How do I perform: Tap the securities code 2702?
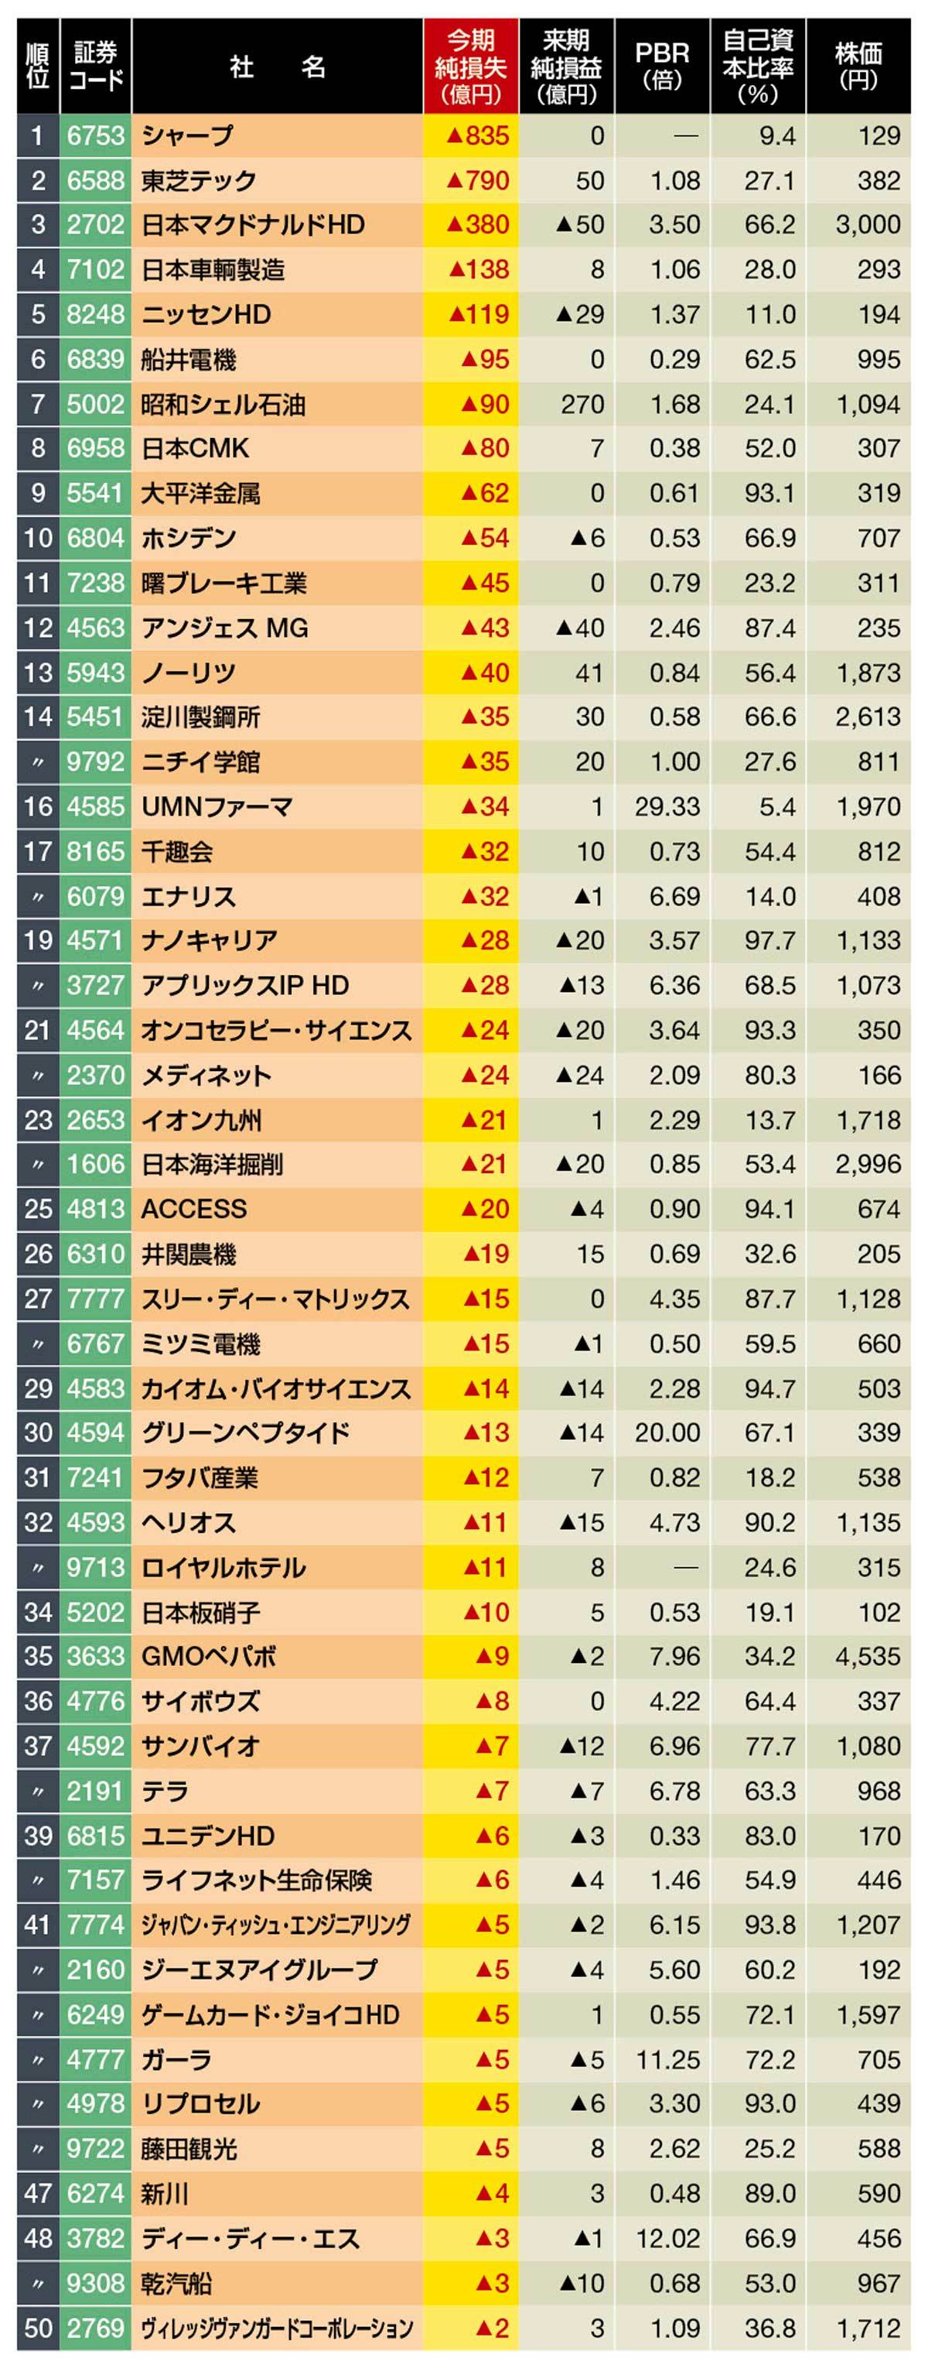(x=96, y=225)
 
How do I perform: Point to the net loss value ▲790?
(x=477, y=181)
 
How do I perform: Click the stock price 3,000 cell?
(x=868, y=225)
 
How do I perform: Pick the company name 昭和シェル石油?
(x=223, y=405)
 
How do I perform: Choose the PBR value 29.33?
(x=667, y=807)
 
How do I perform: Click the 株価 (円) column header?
(x=858, y=67)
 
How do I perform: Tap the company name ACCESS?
(x=194, y=1210)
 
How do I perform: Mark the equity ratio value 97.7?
(x=770, y=941)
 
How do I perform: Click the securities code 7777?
(x=96, y=1299)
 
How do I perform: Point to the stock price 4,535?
(x=868, y=1657)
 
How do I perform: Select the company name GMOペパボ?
(x=209, y=1657)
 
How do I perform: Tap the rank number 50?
(x=38, y=2328)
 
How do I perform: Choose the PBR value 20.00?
(x=667, y=1433)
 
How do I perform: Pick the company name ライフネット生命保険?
(x=256, y=1880)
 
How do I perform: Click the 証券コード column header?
(x=96, y=67)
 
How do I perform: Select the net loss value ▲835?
(x=477, y=136)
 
